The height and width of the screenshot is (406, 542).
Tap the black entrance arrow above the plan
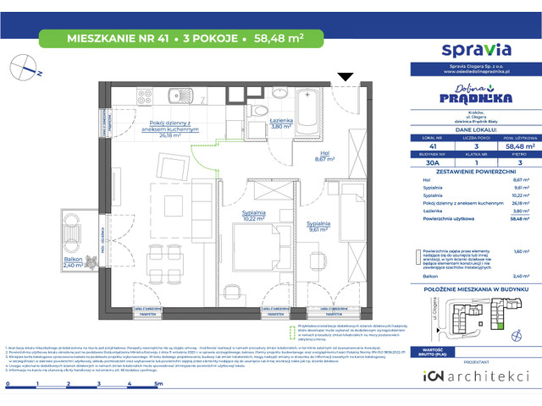coord(345,78)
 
